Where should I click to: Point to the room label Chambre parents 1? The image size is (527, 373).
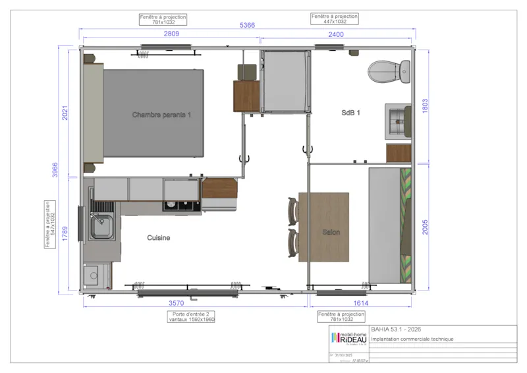pos(161,115)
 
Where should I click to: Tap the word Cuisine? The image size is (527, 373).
pos(159,238)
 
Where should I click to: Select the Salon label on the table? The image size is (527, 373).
pos(331,233)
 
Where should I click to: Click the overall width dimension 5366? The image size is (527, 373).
pos(247,25)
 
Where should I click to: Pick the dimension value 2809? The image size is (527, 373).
pos(172,34)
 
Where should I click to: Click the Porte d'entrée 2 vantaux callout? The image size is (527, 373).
pos(191,316)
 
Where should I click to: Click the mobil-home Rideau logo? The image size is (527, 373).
pos(348,339)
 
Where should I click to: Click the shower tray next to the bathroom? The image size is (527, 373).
pos(285,82)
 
